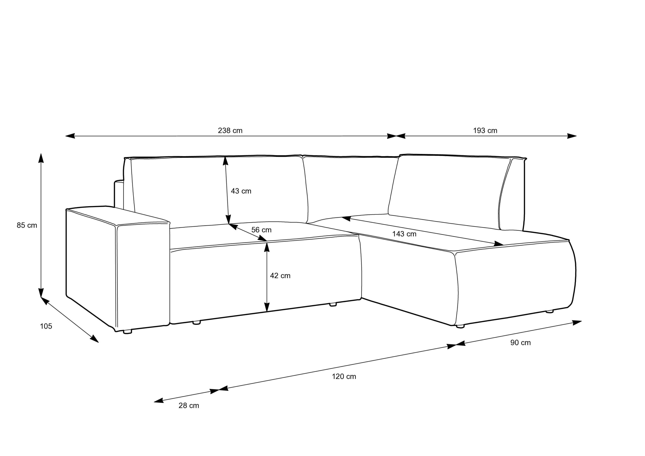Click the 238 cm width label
point(230,130)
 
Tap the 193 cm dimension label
point(485,130)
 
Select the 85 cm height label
point(27,225)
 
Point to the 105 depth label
point(46,326)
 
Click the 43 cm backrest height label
point(241,191)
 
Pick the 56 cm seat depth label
point(261,230)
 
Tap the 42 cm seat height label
point(280,276)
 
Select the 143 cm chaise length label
point(404,234)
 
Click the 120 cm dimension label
point(344,376)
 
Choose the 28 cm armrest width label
point(189,406)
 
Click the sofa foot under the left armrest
point(127,332)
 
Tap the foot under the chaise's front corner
point(460,326)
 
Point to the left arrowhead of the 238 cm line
point(70,136)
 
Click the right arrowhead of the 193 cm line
point(572,136)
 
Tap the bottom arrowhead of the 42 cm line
point(267,307)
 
